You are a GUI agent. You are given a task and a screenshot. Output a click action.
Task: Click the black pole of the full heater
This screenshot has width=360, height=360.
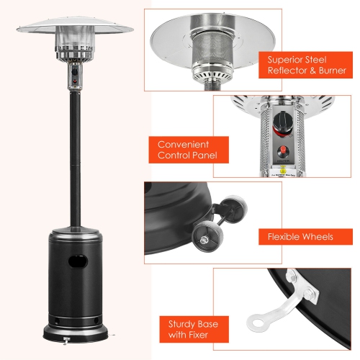[x=73, y=158]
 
